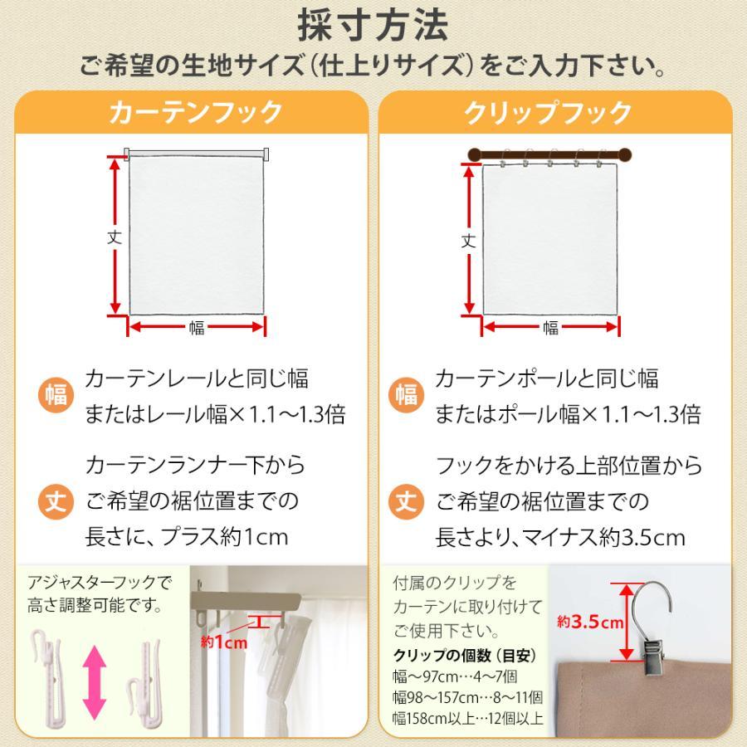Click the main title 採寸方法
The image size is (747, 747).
(x=373, y=25)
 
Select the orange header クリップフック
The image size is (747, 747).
(x=549, y=113)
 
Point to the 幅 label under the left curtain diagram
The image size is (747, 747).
(x=197, y=328)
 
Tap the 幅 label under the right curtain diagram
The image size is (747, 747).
(x=550, y=328)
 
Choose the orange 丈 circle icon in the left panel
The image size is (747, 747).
(x=56, y=500)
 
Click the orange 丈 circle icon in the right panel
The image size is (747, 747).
(x=406, y=500)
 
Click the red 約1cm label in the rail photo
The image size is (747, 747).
(x=224, y=642)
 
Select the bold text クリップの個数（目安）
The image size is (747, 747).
(x=465, y=655)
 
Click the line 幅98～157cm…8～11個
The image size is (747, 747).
(x=468, y=696)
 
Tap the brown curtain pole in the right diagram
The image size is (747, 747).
(x=550, y=154)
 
